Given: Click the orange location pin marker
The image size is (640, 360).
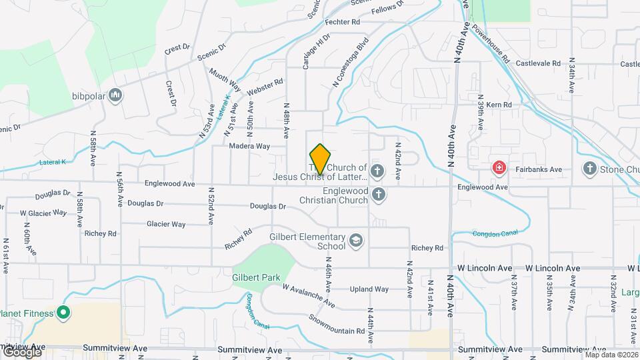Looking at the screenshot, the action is point(321,159).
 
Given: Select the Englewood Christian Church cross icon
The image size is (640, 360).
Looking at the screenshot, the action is point(379,195).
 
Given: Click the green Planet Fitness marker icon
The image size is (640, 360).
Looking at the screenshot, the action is point(63,311).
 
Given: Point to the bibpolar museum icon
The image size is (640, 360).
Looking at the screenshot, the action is point(116,95).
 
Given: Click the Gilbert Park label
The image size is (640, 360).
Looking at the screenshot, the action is point(256,277).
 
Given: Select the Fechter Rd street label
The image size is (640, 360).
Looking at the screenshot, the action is point(343,22).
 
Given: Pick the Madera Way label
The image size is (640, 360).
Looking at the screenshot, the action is point(249,146).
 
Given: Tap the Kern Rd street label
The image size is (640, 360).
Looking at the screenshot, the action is point(499,105).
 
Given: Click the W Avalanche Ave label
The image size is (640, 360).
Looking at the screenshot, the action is point(309,295).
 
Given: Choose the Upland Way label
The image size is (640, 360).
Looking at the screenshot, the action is point(369,289).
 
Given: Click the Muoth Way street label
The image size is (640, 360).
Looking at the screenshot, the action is point(224,78).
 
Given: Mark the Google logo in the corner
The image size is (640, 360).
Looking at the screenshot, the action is point(21,351).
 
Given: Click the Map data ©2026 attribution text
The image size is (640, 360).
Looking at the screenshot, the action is point(610,355).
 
